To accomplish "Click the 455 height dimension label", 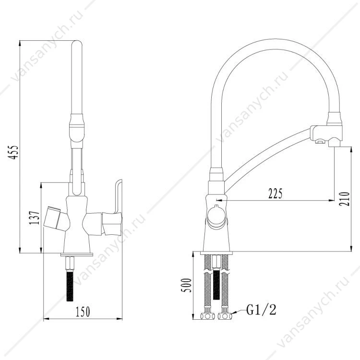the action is pyautogui.click(x=13, y=152).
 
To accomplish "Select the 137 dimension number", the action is pyautogui.click(x=34, y=218).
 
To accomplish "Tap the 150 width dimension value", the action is pyautogui.click(x=83, y=312).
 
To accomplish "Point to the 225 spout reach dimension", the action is pyautogui.click(x=276, y=194).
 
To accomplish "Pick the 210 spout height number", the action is pyautogui.click(x=344, y=199).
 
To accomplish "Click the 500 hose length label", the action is pyautogui.click(x=186, y=285).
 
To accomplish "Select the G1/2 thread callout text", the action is pyautogui.click(x=261, y=310).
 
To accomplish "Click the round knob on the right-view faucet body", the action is pyautogui.click(x=216, y=216).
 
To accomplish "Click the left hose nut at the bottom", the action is pyautogui.click(x=207, y=316).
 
